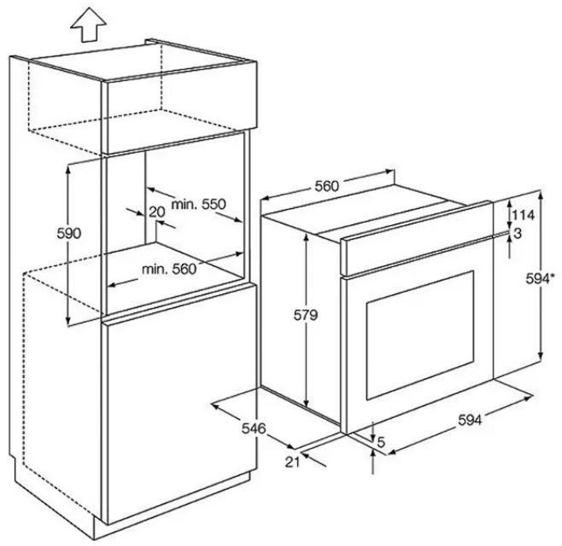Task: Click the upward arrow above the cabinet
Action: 88,26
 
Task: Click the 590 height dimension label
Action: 69,234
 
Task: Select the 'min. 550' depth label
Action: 198,204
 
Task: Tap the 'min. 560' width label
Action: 169,269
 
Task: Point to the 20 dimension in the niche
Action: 157,212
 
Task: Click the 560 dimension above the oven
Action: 326,186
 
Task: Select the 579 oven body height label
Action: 306,315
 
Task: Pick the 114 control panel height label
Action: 523,215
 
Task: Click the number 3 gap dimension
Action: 518,234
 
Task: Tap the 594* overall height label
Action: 540,278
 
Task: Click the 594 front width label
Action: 470,420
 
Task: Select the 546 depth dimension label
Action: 254,428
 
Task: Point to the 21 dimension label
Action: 292,462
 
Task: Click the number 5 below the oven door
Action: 381,443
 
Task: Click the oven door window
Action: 419,334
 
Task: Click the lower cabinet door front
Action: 179,404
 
